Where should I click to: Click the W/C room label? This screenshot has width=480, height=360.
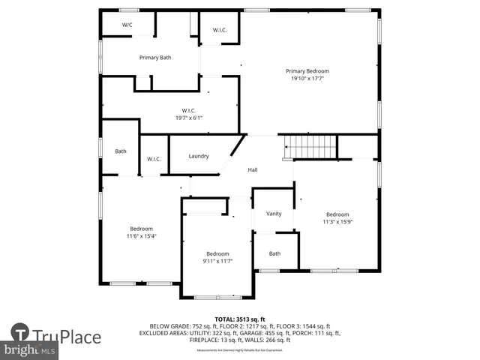(127, 25)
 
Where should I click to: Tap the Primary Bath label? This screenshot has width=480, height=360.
(155, 58)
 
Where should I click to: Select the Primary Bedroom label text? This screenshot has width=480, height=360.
(307, 71)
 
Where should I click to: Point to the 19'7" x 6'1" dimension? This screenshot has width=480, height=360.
(189, 118)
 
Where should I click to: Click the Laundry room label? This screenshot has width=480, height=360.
(199, 156)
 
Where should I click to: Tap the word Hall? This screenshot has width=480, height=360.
(253, 170)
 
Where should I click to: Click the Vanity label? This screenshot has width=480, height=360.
(274, 214)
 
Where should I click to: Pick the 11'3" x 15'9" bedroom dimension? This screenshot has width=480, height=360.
(337, 221)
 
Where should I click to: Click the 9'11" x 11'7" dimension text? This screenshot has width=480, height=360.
(217, 261)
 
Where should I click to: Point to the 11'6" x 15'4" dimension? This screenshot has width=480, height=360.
(141, 236)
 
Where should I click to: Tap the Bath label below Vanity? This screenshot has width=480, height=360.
(274, 253)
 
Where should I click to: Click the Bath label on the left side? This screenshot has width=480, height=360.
(121, 151)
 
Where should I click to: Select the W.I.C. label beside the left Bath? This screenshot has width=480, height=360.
(154, 159)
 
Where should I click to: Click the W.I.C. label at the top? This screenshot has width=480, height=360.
(220, 30)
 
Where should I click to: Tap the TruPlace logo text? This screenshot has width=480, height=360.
(67, 336)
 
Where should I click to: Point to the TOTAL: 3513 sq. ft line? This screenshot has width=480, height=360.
(240, 319)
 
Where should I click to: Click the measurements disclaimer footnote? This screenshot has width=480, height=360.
(240, 350)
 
